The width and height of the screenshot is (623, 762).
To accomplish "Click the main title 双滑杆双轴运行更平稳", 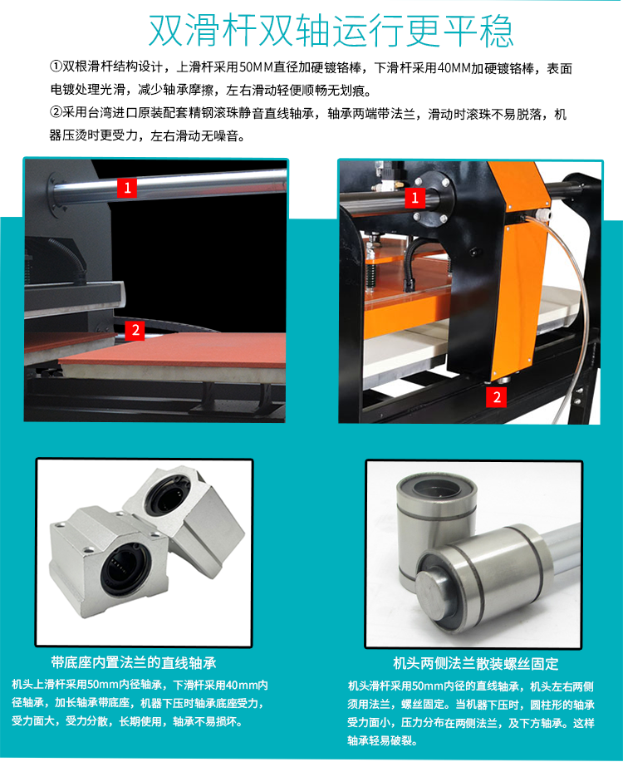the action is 331,31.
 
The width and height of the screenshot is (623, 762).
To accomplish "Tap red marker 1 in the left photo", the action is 127,188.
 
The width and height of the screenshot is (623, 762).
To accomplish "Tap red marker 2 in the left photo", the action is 135,331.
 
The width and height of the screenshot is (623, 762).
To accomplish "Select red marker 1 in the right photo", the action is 415,198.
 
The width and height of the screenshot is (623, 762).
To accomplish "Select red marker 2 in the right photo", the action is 497,397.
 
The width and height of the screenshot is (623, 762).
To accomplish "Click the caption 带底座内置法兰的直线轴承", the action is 134,663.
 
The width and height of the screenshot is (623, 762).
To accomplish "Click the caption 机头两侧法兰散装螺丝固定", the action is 476,663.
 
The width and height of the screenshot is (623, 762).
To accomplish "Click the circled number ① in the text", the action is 56,66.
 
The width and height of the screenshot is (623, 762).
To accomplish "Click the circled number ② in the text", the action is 56,113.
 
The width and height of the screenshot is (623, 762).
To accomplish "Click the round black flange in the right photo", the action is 432,199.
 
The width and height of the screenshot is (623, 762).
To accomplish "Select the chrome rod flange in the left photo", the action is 57,191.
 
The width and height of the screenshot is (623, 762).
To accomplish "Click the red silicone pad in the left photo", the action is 175,351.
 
